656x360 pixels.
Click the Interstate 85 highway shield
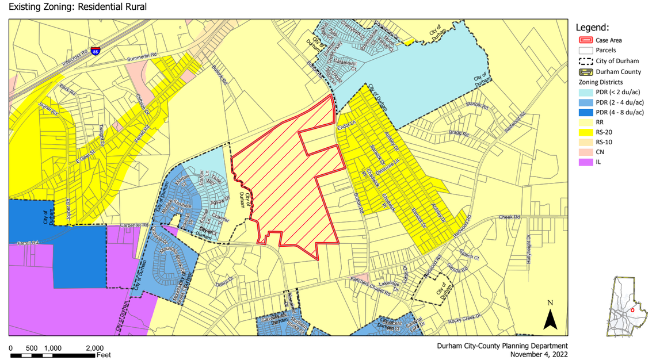point(95,50)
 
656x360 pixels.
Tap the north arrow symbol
point(550,317)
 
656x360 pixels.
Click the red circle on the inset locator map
point(632,309)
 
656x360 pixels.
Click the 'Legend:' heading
point(592,27)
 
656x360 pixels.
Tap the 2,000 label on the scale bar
point(94,348)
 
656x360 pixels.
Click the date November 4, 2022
point(539,354)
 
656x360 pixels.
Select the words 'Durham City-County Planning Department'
point(502,346)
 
